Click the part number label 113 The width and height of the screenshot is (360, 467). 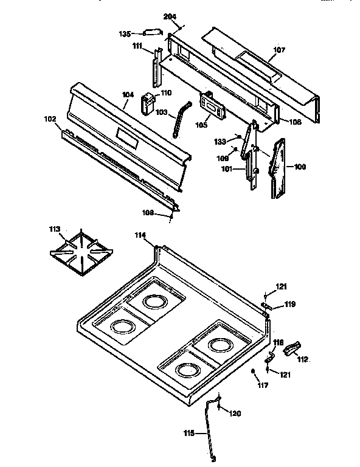[x=55, y=229]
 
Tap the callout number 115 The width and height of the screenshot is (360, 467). [x=190, y=433]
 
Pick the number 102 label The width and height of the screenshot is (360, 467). [x=50, y=119]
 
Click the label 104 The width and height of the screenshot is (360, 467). [x=128, y=94]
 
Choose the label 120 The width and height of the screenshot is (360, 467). [x=234, y=413]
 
